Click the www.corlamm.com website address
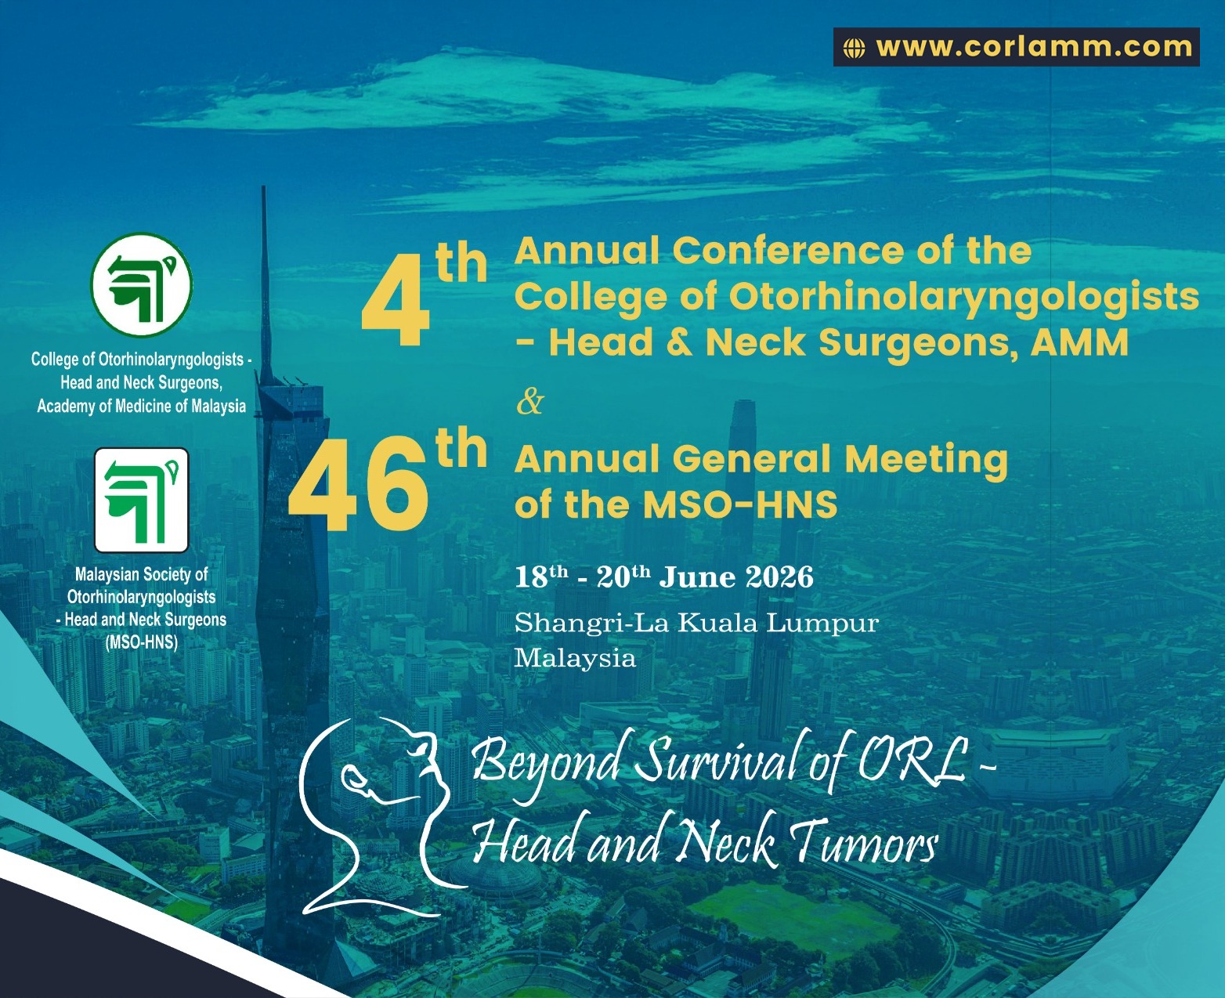1034,47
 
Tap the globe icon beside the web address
854,48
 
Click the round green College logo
142,284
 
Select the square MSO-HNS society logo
142,500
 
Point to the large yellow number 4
396,309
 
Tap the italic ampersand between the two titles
529,401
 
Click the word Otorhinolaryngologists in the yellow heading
963,298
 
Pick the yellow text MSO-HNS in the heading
740,504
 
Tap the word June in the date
698,577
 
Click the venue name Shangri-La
591,623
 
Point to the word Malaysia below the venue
574,657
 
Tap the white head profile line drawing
376,815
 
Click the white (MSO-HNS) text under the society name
142,642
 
